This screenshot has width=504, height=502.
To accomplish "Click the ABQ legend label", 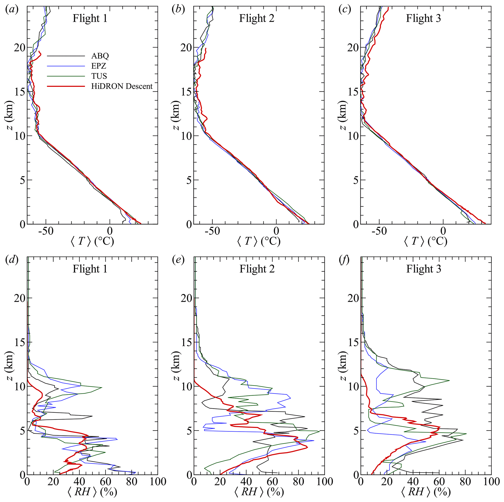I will (x=100, y=56).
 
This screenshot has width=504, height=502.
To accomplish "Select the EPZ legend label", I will (x=99, y=66).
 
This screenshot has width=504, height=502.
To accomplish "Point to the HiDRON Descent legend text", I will (x=122, y=86).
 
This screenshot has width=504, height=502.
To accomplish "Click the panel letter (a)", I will (x=12, y=10).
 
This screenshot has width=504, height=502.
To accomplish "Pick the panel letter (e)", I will (x=178, y=260).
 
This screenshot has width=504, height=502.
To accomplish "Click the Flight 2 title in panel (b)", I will (x=257, y=19).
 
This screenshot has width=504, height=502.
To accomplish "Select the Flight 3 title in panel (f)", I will (x=423, y=269).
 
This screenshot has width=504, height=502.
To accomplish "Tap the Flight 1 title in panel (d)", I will (x=90, y=269).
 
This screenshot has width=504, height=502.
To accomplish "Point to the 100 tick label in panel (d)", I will (x=157, y=482).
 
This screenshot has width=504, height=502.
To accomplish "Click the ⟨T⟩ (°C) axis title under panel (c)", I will (x=426, y=241).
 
